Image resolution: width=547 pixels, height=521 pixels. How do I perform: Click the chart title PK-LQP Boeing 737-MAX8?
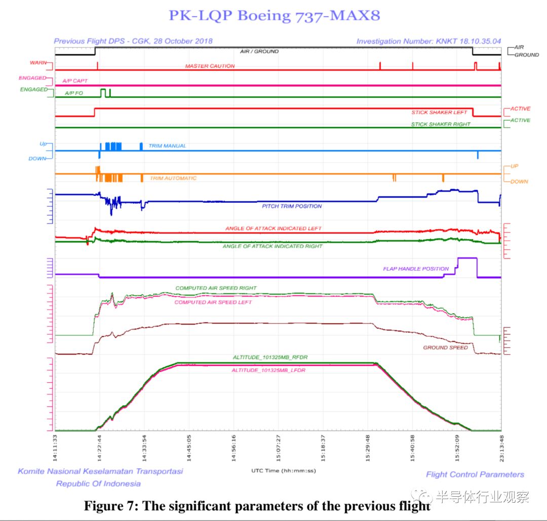click(274, 15)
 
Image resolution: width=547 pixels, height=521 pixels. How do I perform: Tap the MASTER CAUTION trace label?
click(210, 66)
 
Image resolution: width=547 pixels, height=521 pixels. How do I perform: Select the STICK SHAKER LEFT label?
click(439, 113)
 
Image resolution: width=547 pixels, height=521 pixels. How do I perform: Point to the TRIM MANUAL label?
click(167, 146)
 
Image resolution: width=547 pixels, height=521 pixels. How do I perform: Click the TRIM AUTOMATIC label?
click(173, 178)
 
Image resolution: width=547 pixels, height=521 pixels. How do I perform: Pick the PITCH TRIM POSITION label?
click(291, 206)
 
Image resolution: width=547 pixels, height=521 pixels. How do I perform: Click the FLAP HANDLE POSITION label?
click(415, 269)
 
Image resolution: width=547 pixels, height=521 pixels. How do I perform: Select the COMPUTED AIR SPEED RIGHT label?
click(216, 288)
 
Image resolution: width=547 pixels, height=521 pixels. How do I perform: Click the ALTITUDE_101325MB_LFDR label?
click(269, 370)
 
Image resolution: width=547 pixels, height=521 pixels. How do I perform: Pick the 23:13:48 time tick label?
click(501, 445)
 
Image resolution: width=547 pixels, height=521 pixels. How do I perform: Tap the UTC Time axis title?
click(283, 471)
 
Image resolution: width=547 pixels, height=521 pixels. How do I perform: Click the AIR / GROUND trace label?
click(259, 52)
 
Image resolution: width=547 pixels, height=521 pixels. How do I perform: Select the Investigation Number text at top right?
click(428, 41)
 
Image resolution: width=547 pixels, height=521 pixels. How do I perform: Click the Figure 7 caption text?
click(256, 506)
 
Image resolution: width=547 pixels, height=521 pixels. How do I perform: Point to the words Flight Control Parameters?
click(475, 474)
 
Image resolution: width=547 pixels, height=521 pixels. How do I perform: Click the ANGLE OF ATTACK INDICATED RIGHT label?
click(272, 246)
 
